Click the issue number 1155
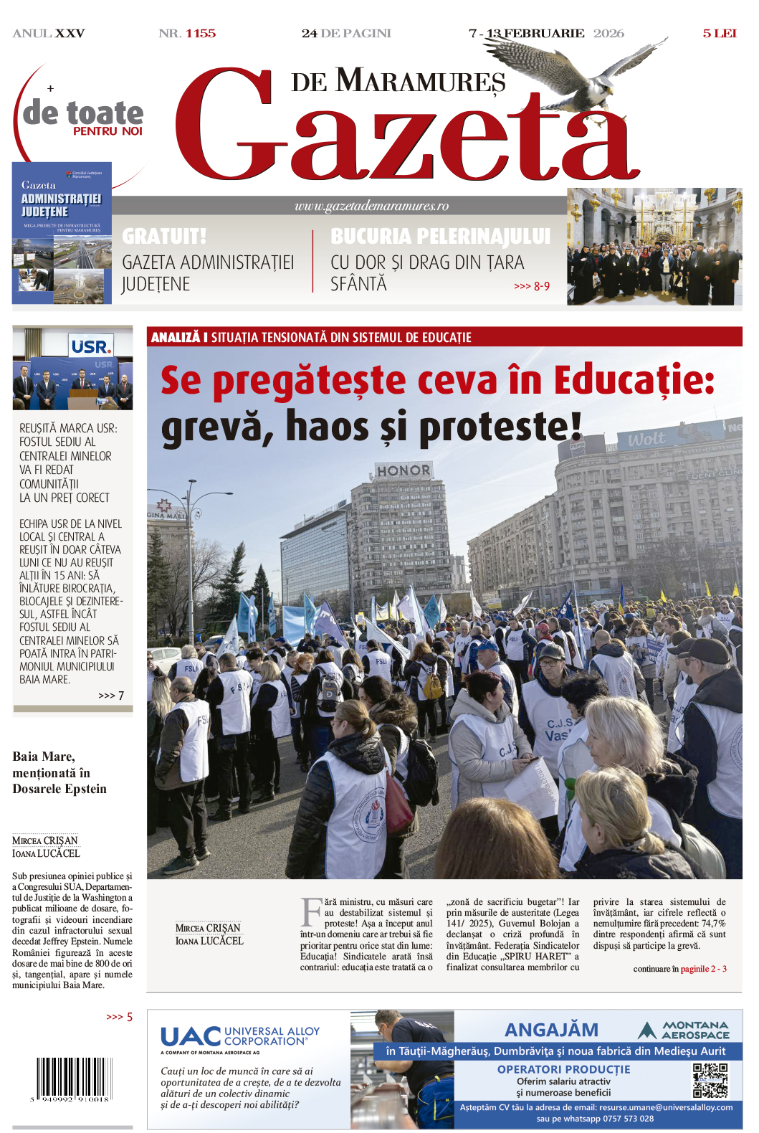(x=201, y=34)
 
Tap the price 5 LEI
(x=719, y=34)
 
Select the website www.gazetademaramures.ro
(x=371, y=206)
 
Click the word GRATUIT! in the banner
(x=164, y=236)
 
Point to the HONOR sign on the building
(x=404, y=470)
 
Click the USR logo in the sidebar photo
(x=91, y=347)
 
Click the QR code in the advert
(x=710, y=1080)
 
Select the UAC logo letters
(x=191, y=1036)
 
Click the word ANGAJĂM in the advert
(x=551, y=1030)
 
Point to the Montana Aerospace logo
(x=684, y=1030)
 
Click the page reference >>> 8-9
(x=532, y=286)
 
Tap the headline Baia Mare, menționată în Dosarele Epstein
(x=59, y=772)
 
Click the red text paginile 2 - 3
(x=703, y=969)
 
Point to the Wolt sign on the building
(x=646, y=439)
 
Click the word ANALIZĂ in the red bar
(x=175, y=337)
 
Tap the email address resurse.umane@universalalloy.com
(x=666, y=1107)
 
